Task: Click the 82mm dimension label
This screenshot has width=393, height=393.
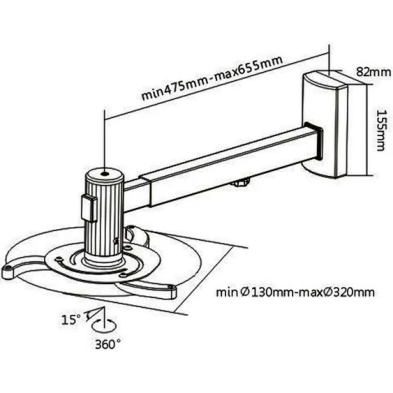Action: [373, 72]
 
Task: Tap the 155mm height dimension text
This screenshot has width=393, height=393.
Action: [381, 130]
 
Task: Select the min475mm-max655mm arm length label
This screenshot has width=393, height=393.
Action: [212, 78]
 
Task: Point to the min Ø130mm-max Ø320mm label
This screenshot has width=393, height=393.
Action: [296, 292]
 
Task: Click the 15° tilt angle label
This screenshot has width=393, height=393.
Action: [71, 319]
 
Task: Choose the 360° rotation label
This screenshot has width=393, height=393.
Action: [108, 345]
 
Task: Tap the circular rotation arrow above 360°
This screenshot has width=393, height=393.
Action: [104, 325]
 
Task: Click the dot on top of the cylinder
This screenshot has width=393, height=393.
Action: [104, 174]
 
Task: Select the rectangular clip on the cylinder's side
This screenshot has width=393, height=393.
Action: [89, 209]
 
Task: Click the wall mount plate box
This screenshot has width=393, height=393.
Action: [325, 124]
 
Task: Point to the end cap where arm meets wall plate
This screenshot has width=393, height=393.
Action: [314, 142]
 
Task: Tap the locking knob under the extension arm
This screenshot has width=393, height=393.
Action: [242, 182]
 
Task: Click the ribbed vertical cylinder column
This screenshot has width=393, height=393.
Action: [105, 215]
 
